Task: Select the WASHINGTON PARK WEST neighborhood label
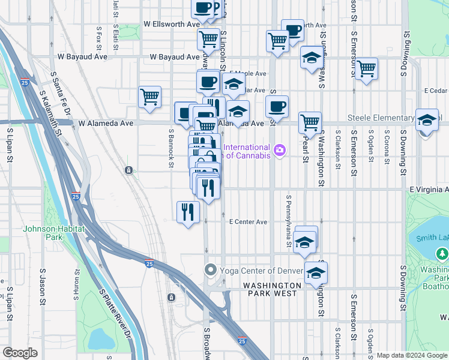coord(272,289)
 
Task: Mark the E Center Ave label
coord(249,221)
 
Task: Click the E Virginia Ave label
coord(429,189)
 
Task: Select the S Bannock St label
coord(171,144)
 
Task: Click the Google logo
coord(20,353)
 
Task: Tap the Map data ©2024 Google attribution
coord(412,355)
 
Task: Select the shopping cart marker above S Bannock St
coord(149,96)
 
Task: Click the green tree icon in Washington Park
coord(443,254)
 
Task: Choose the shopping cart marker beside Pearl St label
coord(310,122)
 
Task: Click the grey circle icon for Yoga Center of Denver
coord(210,269)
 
